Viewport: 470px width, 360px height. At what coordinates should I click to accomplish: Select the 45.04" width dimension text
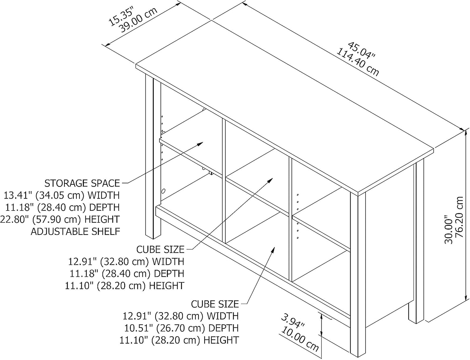pyautogui.click(x=361, y=53)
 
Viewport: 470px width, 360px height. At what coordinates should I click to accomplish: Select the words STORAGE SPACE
pyautogui.click(x=82, y=183)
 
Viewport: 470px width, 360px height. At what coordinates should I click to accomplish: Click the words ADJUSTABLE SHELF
pyautogui.click(x=75, y=232)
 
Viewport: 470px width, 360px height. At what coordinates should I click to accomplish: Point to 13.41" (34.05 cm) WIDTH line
pyautogui.click(x=61, y=196)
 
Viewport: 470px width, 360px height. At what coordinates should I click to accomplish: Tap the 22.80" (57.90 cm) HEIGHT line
pyautogui.click(x=60, y=219)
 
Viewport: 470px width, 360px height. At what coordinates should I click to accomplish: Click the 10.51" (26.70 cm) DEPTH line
pyautogui.click(x=181, y=328)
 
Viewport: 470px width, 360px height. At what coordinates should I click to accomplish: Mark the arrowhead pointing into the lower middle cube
pyautogui.click(x=273, y=250)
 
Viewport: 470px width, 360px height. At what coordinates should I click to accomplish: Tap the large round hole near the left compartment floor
pyautogui.click(x=163, y=191)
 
